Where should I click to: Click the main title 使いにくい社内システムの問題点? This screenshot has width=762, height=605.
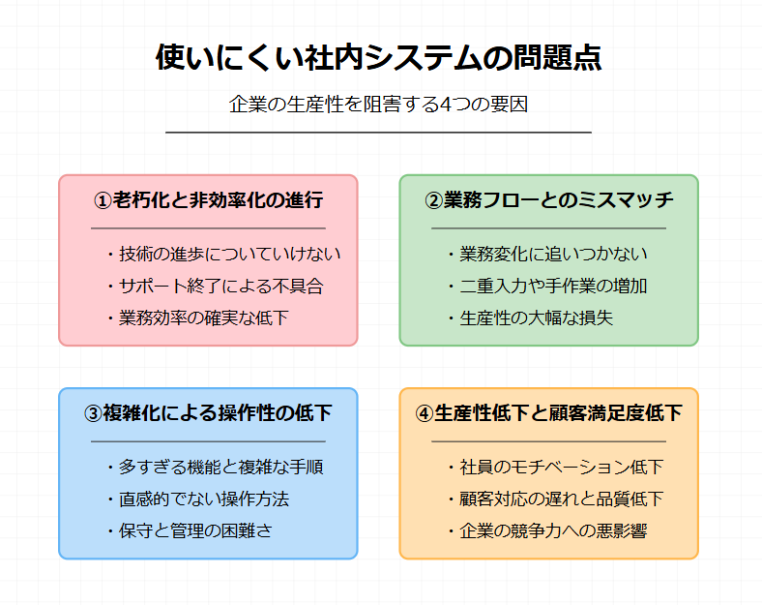click(x=378, y=58)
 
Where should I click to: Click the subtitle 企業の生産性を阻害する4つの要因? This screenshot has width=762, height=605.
click(x=378, y=105)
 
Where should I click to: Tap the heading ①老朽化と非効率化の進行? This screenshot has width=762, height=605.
click(x=208, y=199)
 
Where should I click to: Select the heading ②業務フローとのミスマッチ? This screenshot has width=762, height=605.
click(x=549, y=199)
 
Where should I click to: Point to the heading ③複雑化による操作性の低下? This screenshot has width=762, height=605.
click(x=208, y=413)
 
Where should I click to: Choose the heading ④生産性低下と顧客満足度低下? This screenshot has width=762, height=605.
click(x=549, y=413)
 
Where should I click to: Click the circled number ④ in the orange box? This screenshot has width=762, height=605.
click(x=425, y=413)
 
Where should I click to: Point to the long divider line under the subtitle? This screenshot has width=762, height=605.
click(x=378, y=132)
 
